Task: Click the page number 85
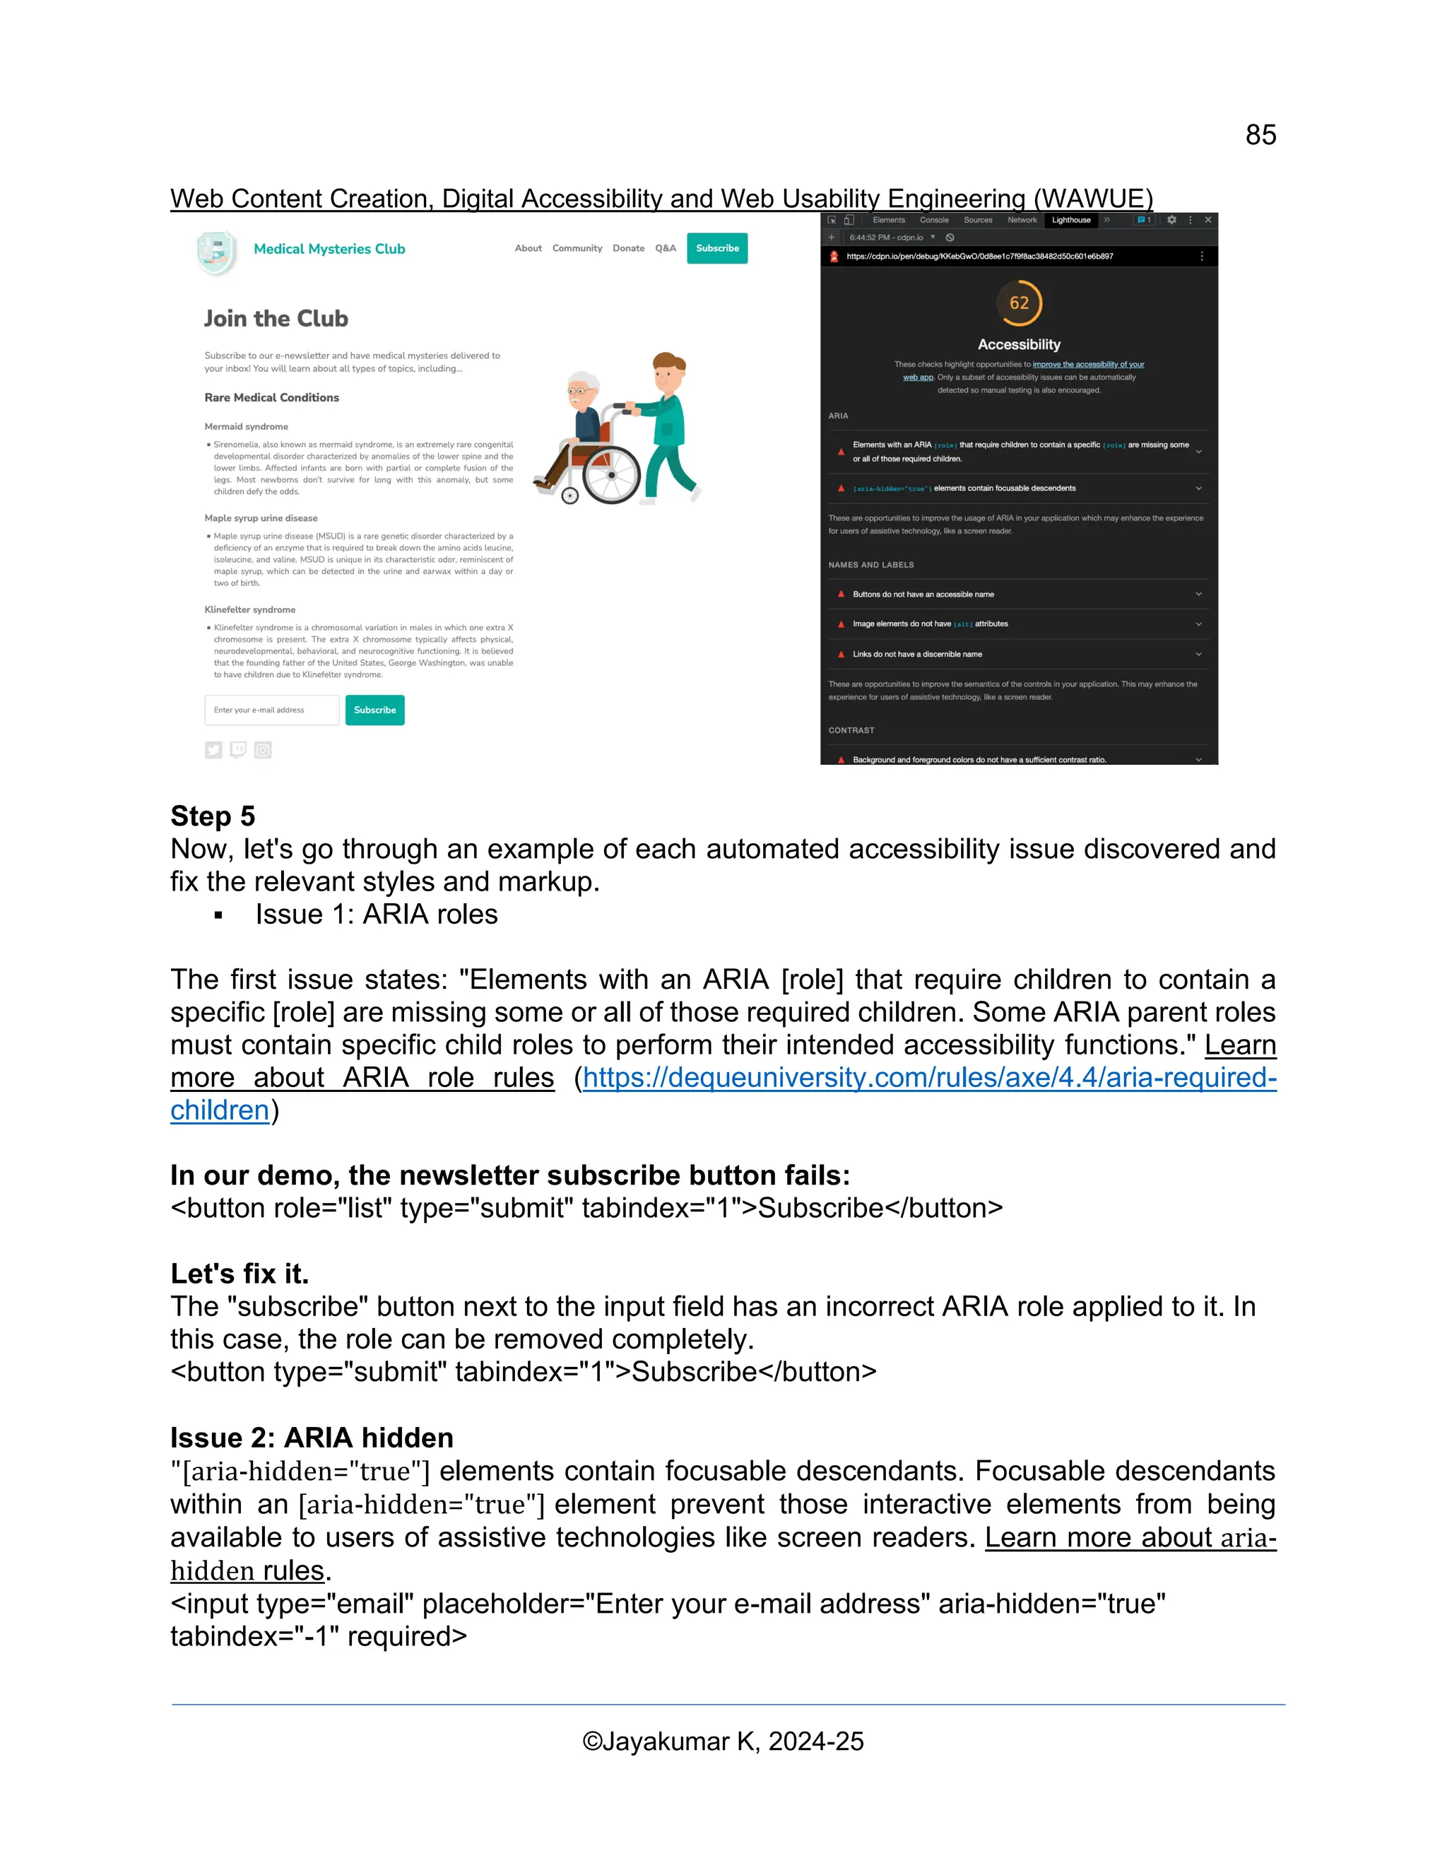coord(1260,136)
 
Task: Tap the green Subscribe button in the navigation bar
coord(716,249)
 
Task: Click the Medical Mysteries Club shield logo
coord(216,253)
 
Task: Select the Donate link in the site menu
coord(628,249)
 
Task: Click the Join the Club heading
coord(276,318)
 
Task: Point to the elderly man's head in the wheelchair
coord(583,390)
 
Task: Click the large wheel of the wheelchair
coord(611,474)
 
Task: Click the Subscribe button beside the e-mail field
coord(374,710)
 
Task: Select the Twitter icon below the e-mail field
coord(213,751)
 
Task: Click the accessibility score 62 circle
coord(1018,303)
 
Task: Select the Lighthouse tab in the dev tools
coord(1070,221)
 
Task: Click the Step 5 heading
coord(213,816)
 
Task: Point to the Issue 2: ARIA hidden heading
coord(312,1438)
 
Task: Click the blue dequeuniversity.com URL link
coord(929,1077)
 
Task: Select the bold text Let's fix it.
coord(240,1274)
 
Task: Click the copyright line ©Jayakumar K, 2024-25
coord(723,1741)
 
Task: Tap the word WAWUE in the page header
coord(1092,199)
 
